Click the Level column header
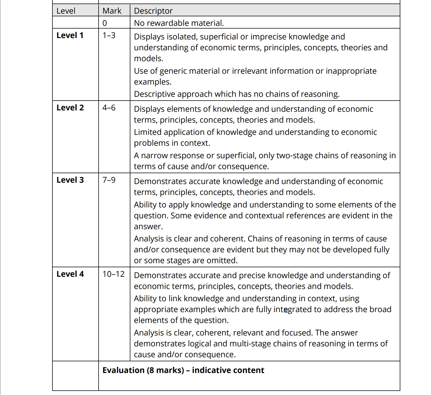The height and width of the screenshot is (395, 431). (66, 11)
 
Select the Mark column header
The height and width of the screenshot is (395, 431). (112, 11)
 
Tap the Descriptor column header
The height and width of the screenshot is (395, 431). (153, 11)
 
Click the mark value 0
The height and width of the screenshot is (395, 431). (105, 23)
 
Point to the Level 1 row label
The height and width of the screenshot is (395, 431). (70, 35)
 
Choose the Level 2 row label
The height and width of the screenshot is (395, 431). (70, 108)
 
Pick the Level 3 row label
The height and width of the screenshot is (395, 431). (70, 180)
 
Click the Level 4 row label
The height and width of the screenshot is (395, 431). (70, 274)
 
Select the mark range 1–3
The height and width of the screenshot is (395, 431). (109, 35)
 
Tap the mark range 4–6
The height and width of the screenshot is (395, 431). (109, 108)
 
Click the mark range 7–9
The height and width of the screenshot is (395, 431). (109, 180)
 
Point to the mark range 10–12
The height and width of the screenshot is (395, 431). (114, 274)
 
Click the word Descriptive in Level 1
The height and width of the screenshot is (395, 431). (155, 94)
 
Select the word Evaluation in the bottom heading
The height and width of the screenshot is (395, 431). (124, 370)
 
